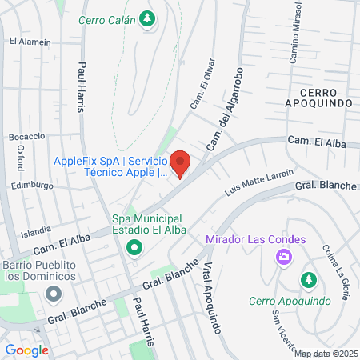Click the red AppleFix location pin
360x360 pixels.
pos(181,162)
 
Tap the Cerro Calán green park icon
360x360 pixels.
pos(146,18)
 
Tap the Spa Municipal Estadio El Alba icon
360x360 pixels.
pos(134,247)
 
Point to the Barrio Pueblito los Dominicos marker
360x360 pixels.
pos(54,294)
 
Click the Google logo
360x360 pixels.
pos(26,350)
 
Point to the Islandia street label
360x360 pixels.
pos(36,234)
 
